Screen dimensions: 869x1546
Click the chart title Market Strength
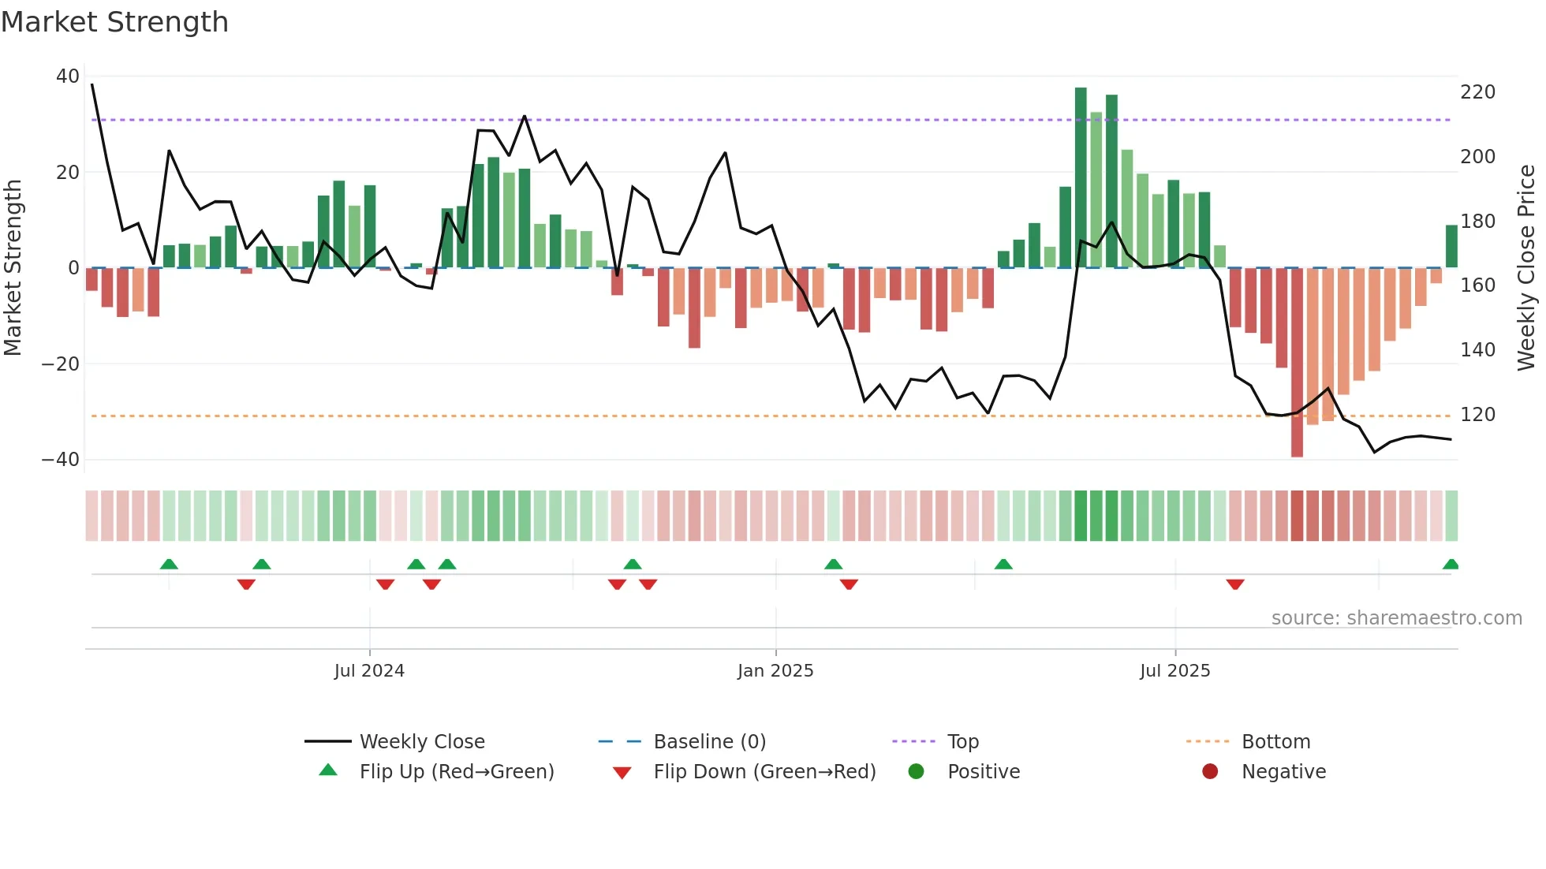(x=114, y=22)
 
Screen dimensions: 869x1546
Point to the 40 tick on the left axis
(x=68, y=76)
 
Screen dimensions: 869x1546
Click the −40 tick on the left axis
(x=61, y=459)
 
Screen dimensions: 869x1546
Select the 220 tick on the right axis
(x=1477, y=92)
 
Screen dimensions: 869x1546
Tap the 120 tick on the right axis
(x=1477, y=415)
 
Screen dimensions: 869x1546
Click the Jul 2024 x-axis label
(x=369, y=671)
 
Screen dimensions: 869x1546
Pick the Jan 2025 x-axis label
(x=775, y=671)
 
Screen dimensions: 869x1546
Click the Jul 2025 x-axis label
(x=1174, y=671)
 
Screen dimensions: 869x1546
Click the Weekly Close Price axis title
(x=1526, y=268)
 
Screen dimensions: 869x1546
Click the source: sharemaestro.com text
(x=1396, y=618)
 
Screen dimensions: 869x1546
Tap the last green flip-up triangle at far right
(x=1451, y=565)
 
